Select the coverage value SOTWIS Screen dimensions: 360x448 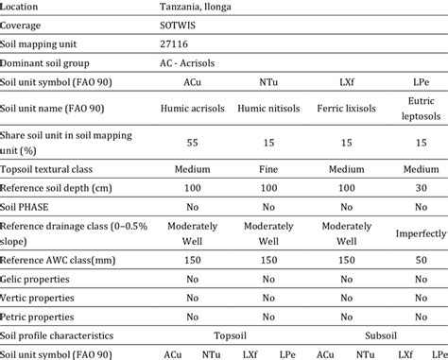178,26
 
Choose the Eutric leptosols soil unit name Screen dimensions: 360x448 419,109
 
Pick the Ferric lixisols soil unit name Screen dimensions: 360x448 348,109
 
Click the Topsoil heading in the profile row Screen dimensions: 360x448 234,335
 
